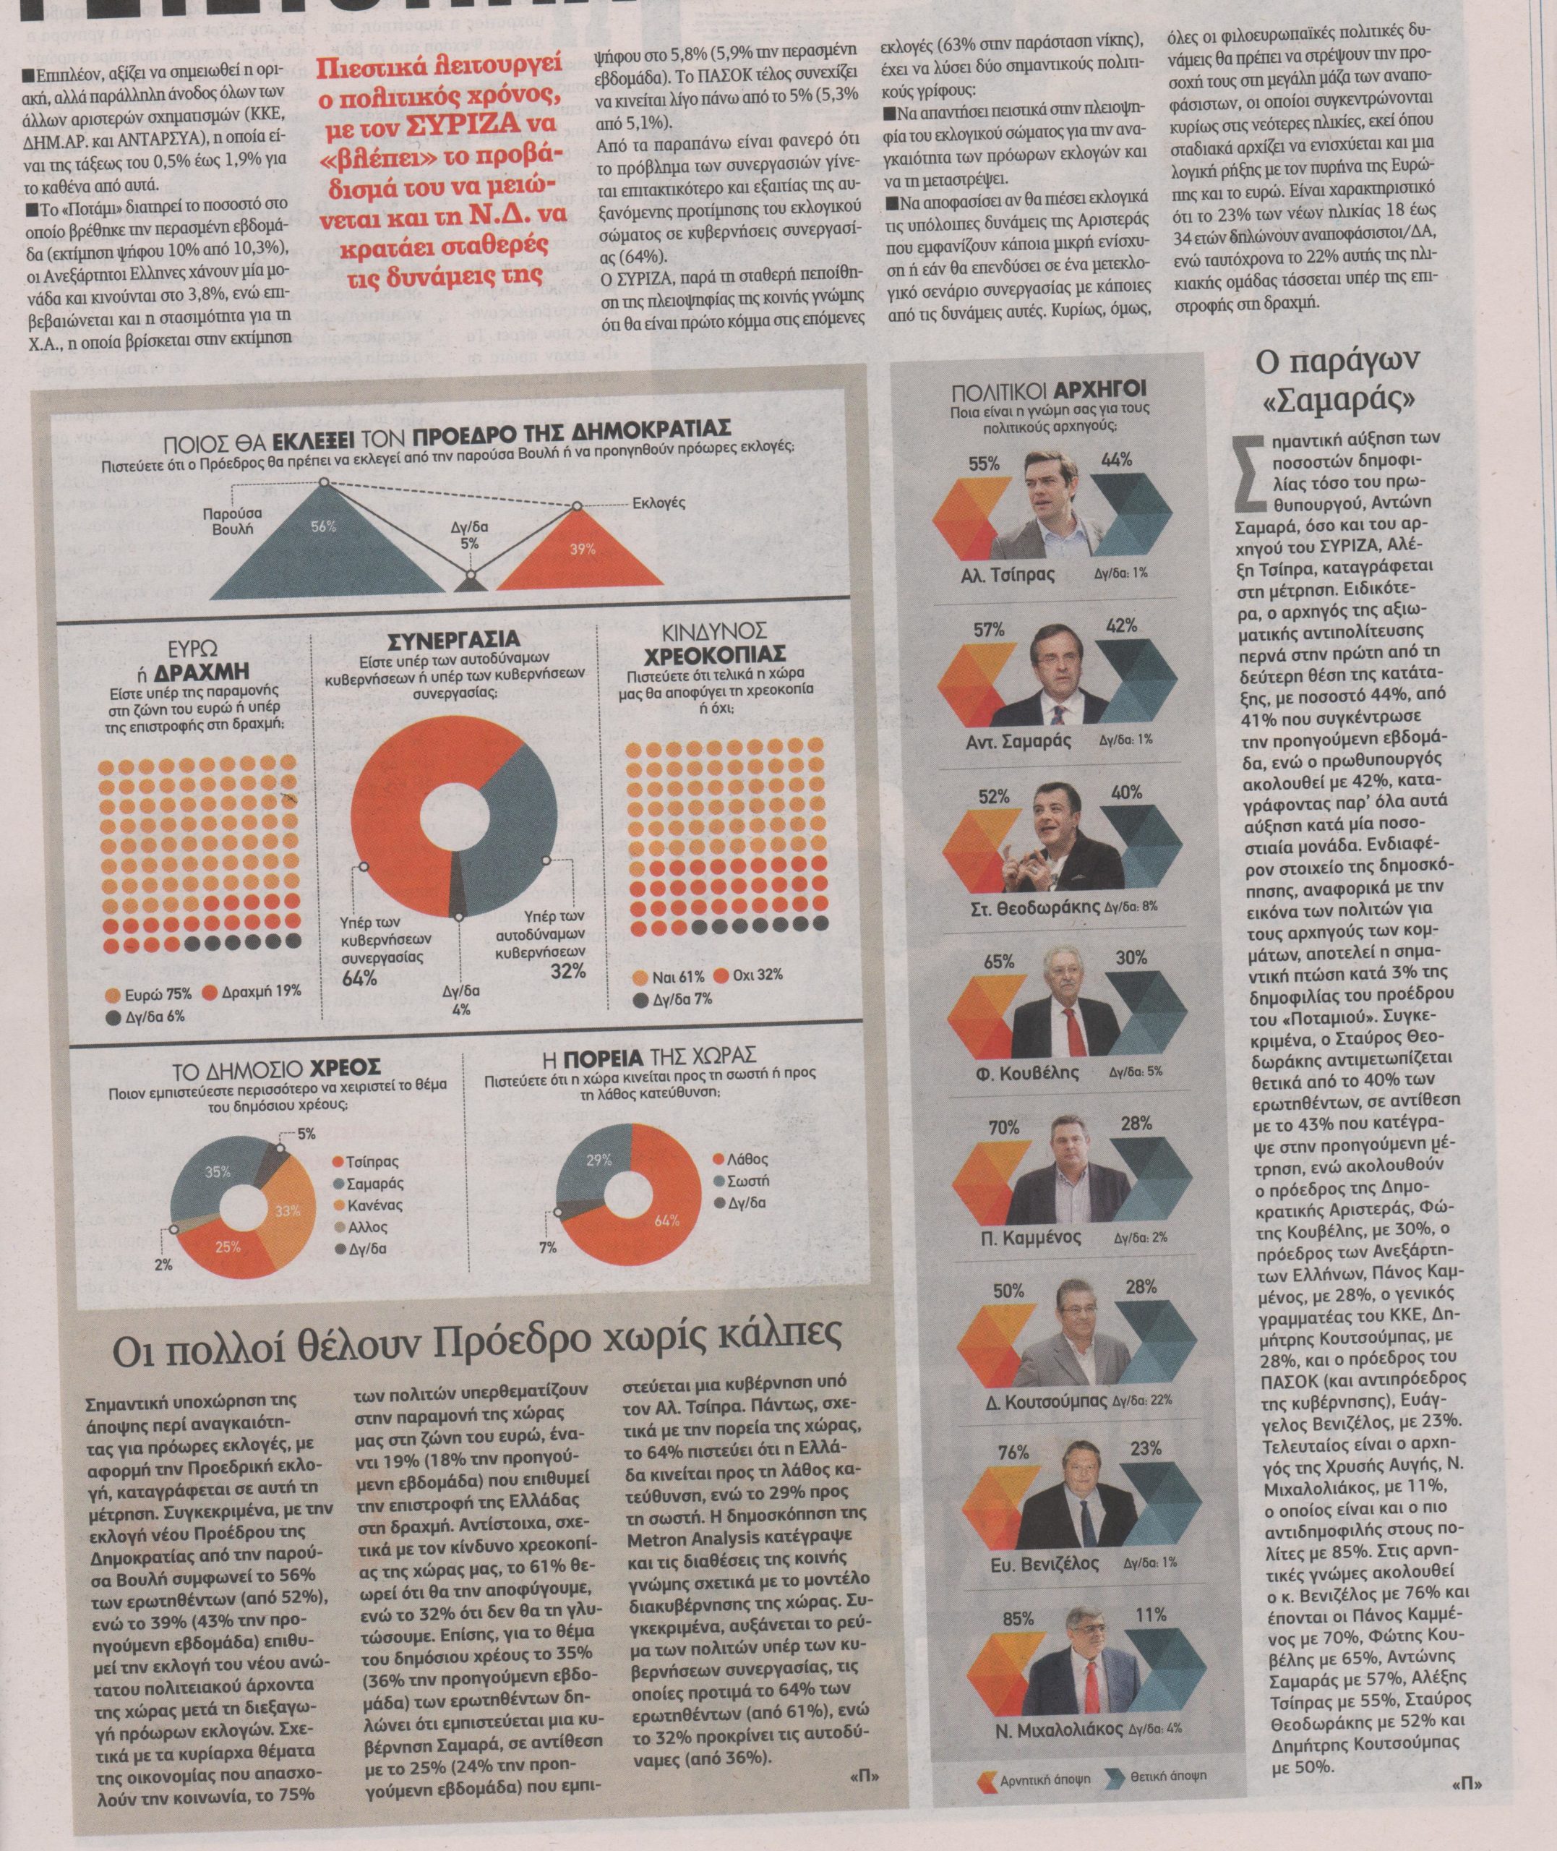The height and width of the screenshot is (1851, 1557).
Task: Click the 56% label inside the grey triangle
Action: pyautogui.click(x=324, y=527)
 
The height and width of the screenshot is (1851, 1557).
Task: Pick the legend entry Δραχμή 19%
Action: pyautogui.click(x=251, y=991)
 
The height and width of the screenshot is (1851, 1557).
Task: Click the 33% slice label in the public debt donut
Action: pyautogui.click(x=288, y=1213)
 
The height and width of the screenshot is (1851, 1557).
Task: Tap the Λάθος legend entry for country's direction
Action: pyautogui.click(x=745, y=1159)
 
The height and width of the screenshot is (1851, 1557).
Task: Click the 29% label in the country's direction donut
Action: pyautogui.click(x=599, y=1163)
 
